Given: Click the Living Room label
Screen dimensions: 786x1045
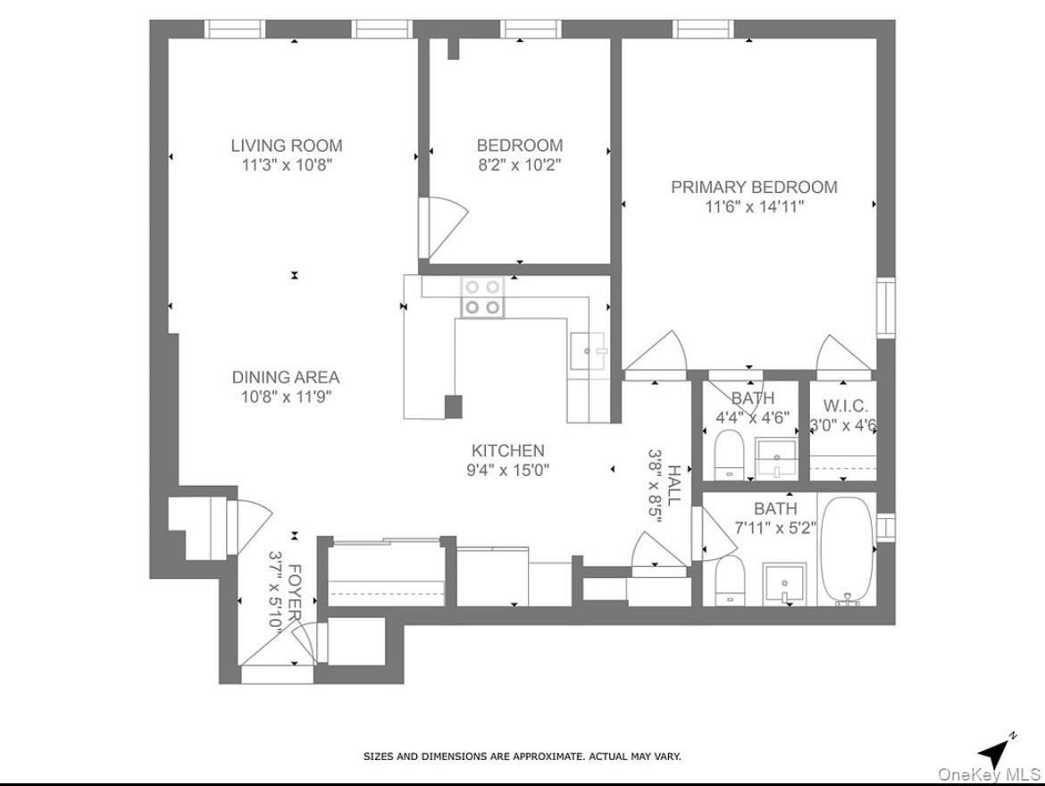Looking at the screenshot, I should (x=286, y=145).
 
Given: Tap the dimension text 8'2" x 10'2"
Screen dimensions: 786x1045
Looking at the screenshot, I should (x=519, y=164).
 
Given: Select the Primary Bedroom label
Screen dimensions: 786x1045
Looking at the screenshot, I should (x=754, y=187).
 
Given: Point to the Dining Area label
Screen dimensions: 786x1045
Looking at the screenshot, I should (x=286, y=377).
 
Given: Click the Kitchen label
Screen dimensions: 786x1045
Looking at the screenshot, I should (x=507, y=451).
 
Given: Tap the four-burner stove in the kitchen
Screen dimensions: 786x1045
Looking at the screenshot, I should (x=481, y=297).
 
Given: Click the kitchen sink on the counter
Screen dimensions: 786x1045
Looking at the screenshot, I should (x=588, y=350).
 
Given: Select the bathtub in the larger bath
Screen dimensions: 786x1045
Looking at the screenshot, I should (x=847, y=551).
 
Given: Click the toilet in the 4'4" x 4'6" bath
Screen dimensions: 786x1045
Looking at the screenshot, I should (x=730, y=455).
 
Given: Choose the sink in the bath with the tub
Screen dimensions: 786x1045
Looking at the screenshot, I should (x=784, y=584).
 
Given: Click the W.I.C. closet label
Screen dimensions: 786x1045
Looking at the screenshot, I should (x=842, y=406).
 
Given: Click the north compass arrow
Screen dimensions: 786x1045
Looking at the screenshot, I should (x=995, y=748).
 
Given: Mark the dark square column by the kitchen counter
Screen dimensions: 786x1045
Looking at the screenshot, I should (x=454, y=406).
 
